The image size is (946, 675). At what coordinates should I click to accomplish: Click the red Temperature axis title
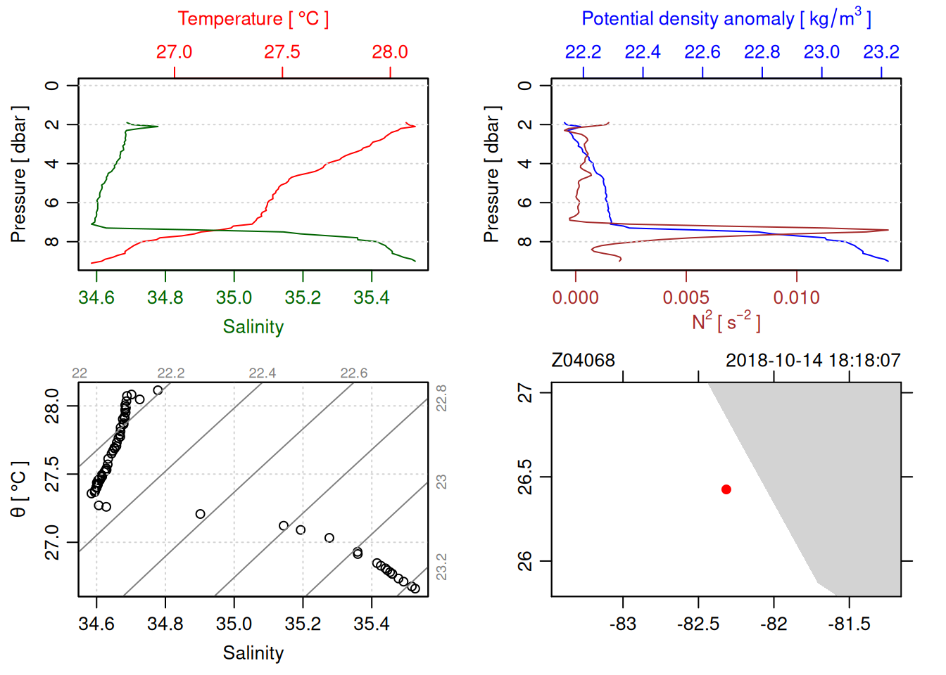point(253,19)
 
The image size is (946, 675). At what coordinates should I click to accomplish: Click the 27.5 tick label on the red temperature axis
point(282,52)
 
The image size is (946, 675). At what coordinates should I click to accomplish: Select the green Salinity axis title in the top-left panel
point(253,327)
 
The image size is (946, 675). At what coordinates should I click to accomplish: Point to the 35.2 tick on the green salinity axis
point(303,298)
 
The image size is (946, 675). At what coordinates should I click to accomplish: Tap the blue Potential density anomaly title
point(726,19)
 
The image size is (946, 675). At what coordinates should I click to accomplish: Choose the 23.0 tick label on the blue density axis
point(821,52)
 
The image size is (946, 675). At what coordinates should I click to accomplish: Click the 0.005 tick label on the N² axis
point(686,298)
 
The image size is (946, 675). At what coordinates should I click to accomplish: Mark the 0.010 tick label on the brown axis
point(796,298)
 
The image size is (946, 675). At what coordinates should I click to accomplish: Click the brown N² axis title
point(726,322)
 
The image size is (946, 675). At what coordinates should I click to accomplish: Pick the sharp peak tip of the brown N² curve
point(888,230)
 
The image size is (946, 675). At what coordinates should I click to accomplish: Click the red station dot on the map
point(726,489)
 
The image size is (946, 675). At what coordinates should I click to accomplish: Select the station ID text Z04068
point(584,361)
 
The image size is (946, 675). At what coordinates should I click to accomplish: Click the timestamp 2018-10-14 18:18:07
point(813,361)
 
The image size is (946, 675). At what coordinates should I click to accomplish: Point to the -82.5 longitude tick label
point(698,624)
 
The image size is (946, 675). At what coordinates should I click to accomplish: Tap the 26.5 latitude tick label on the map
point(525,477)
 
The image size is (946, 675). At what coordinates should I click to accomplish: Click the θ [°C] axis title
point(19,489)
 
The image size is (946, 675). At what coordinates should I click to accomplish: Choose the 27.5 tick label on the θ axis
point(53,475)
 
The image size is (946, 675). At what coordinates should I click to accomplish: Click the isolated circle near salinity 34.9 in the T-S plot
point(201,514)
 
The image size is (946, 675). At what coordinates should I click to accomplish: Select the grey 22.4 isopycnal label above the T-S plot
point(263,373)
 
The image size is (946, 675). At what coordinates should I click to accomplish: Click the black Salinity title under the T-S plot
point(253,653)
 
